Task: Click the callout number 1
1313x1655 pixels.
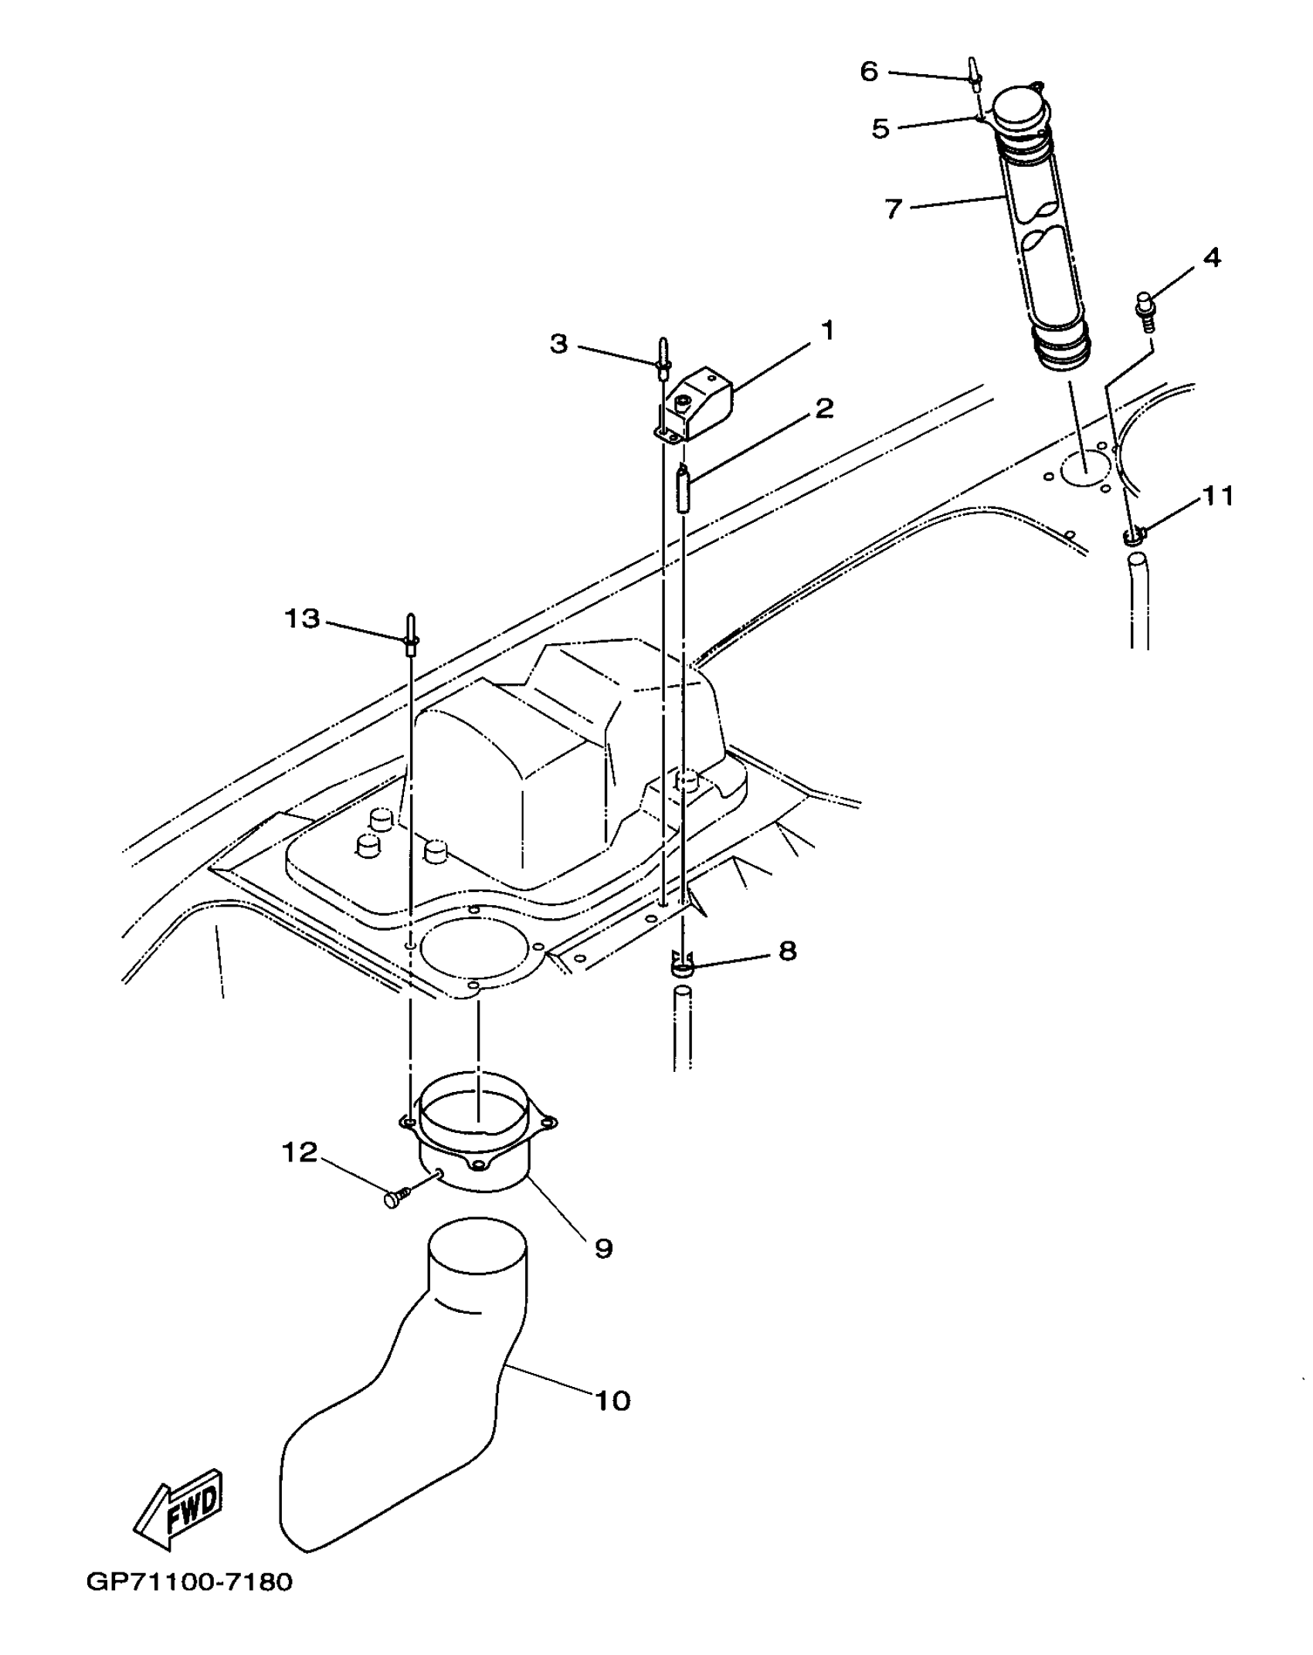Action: pos(827,331)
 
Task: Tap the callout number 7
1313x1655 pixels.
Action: pos(894,209)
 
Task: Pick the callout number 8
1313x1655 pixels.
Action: pos(787,951)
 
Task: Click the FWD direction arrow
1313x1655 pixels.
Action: pos(180,1509)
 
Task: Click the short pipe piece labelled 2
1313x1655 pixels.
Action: pos(683,489)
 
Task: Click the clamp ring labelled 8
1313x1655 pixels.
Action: pos(683,966)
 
